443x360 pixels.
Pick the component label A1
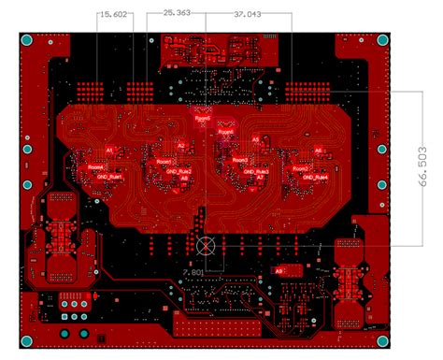click(109, 150)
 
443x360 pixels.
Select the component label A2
click(181, 145)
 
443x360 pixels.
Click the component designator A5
click(255, 139)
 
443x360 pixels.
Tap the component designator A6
click(318, 150)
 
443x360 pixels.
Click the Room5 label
click(202, 119)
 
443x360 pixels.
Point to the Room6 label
click(225, 132)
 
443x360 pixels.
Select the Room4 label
click(96, 166)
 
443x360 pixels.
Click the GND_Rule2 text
click(179, 172)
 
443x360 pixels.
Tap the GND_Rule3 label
click(256, 172)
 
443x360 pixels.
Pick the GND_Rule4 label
click(319, 175)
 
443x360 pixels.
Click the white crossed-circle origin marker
click(208, 246)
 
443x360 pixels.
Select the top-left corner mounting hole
click(28, 42)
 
